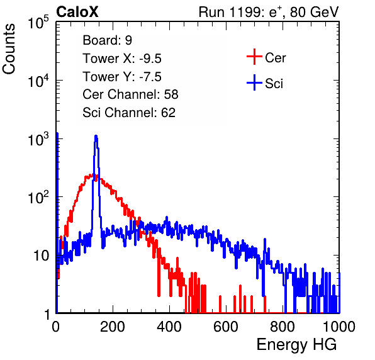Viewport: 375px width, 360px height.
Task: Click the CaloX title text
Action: pos(77,12)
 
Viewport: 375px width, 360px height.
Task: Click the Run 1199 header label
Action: pos(269,12)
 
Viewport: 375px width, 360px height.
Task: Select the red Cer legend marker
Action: pos(254,57)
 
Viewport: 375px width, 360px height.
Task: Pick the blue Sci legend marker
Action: pos(254,82)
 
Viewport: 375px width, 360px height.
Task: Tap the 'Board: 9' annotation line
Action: pos(108,40)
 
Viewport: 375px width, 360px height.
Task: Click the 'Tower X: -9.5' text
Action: pos(122,59)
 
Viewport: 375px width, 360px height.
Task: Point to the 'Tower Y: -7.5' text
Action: pos(122,77)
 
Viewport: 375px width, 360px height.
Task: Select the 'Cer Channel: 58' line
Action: pos(130,94)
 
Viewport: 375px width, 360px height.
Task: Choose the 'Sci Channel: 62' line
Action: pos(129,113)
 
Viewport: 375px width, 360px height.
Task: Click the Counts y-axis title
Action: pos(9,49)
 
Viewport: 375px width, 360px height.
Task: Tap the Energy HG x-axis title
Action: pos(296,345)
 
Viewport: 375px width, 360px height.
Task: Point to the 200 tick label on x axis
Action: pos(113,327)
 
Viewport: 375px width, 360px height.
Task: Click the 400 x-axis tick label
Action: pos(169,327)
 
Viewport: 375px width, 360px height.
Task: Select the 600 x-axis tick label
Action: pos(226,327)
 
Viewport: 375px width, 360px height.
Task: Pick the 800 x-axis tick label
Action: pos(283,327)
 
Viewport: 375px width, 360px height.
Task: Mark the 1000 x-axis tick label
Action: pos(339,327)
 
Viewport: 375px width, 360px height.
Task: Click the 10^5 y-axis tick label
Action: pos(38,23)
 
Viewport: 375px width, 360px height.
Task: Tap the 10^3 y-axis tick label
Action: pos(38,140)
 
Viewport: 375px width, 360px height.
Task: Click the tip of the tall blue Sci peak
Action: pos(96,136)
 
